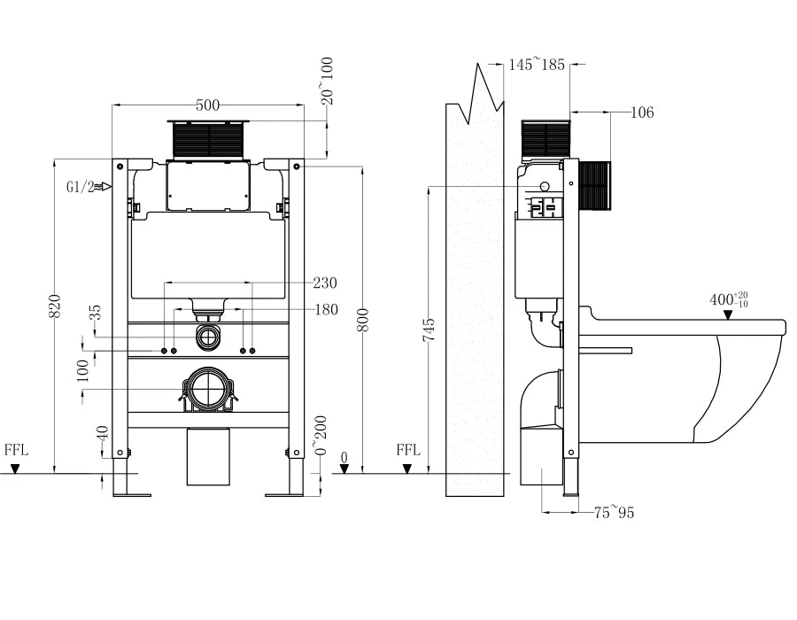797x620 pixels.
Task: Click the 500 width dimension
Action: click(x=207, y=105)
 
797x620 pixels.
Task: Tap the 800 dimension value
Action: click(x=362, y=318)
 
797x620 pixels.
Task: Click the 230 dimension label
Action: click(x=325, y=283)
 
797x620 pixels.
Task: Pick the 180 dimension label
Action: click(x=325, y=309)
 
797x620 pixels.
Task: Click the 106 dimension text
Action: click(x=643, y=112)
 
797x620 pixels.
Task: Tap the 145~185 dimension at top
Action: click(x=537, y=64)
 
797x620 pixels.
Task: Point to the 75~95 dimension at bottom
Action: click(x=614, y=513)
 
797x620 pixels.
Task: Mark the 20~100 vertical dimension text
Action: click(x=327, y=81)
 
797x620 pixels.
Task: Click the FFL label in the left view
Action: click(x=16, y=450)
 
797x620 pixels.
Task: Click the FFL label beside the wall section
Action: click(x=407, y=450)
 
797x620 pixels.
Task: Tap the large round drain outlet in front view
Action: click(x=209, y=389)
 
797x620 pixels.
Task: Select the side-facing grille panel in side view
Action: click(x=595, y=186)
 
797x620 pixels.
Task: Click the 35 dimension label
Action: click(x=96, y=313)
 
